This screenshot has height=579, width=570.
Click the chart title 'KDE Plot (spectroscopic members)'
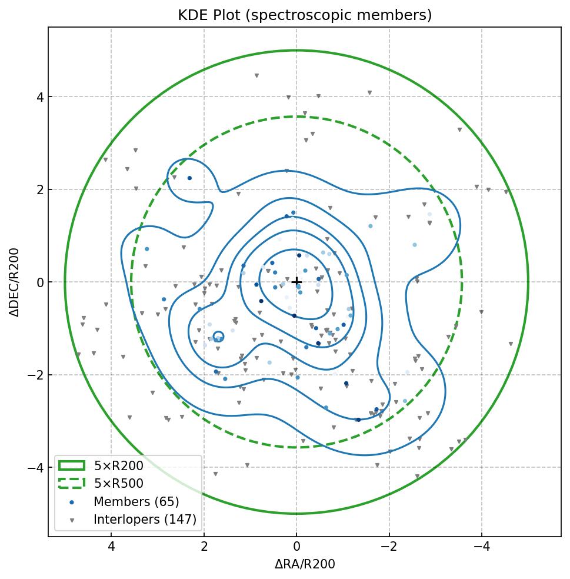point(305,15)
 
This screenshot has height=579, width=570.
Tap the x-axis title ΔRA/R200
point(305,564)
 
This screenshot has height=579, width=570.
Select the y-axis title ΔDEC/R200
point(15,282)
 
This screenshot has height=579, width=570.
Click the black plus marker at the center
point(296,282)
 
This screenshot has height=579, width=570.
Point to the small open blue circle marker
point(218,337)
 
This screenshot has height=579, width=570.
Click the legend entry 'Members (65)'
point(136,502)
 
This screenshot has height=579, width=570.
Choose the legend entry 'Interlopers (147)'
point(145,520)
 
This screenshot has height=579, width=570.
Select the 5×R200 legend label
point(118,466)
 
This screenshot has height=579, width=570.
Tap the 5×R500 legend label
point(118,484)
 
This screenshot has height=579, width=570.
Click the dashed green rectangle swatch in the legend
point(72,484)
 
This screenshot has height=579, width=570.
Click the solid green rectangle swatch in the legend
point(72,466)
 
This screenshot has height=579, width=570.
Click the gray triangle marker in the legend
point(72,520)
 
